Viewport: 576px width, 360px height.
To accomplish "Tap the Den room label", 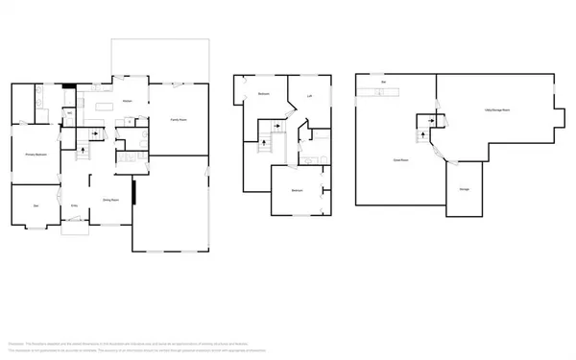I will tap(36, 206).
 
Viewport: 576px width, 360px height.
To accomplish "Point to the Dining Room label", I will tap(110, 200).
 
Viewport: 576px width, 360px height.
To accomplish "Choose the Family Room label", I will tap(179, 119).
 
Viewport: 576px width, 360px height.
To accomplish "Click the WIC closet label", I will tap(69, 114).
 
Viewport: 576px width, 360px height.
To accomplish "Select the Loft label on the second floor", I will tap(310, 96).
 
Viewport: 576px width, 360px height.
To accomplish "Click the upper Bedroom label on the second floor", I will tap(263, 94).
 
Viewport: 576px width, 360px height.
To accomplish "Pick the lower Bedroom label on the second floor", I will tap(298, 191).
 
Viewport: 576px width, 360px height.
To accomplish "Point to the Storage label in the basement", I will tap(464, 190).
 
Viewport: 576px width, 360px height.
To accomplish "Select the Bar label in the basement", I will tap(383, 83).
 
